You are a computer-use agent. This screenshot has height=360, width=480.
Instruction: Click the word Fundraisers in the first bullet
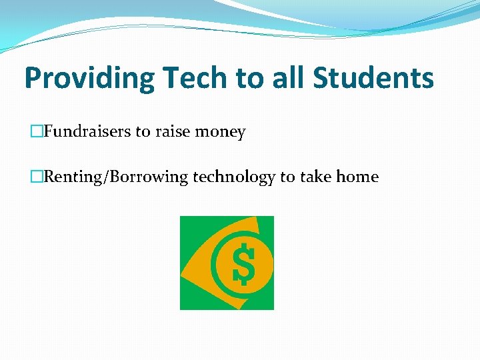point(87,132)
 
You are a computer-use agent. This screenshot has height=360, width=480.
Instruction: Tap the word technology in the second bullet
point(234,177)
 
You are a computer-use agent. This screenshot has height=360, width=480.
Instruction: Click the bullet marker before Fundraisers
point(38,132)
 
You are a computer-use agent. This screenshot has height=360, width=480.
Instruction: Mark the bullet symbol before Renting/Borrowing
point(38,177)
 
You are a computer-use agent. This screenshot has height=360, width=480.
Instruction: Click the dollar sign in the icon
point(243,263)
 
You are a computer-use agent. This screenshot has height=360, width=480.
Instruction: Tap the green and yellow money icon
point(227,263)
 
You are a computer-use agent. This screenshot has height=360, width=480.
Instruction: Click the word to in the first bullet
point(143,132)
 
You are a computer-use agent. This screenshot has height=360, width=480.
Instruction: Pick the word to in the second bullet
point(287,177)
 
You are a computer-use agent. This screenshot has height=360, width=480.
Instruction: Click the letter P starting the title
point(33,79)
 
